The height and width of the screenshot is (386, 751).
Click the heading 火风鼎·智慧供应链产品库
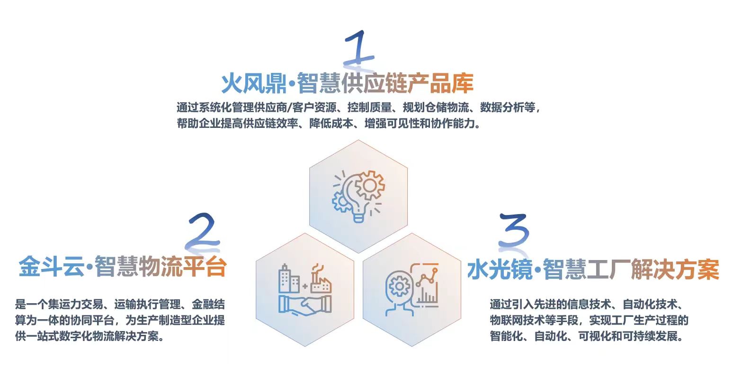point(348,83)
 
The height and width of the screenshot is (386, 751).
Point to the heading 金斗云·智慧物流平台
point(123,267)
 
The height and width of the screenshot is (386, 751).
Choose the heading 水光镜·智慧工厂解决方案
point(593,269)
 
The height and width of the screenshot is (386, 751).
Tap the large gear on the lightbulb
point(369,186)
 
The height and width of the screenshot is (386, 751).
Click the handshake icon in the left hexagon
point(305,305)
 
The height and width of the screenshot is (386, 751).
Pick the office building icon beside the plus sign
point(289,279)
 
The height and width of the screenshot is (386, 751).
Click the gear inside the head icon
point(399,287)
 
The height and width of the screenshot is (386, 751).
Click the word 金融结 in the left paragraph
point(208,305)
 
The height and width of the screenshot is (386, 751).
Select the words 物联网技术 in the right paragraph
point(517,320)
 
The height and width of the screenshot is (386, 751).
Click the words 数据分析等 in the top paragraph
point(508,108)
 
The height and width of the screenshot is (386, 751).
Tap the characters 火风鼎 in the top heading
point(254,83)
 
